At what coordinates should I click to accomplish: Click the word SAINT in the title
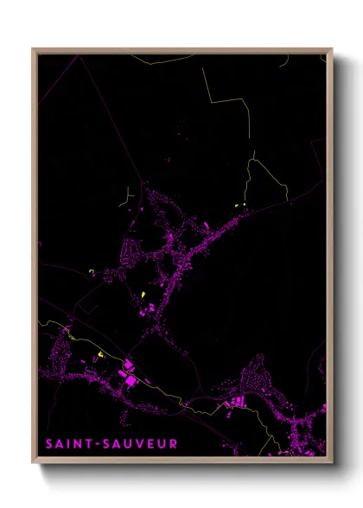click(x=65, y=443)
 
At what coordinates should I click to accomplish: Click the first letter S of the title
click(x=48, y=443)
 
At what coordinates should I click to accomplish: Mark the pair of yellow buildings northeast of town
click(x=239, y=205)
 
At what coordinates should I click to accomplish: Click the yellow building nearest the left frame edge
click(x=91, y=271)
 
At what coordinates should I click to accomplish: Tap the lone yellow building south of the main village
click(x=143, y=295)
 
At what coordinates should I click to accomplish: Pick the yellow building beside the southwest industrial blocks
click(x=100, y=354)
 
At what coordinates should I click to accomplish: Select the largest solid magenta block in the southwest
click(x=131, y=378)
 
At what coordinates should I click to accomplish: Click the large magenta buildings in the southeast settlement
click(x=236, y=400)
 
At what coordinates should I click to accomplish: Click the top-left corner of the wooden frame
click(x=34, y=49)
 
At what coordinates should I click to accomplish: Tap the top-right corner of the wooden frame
click(x=332, y=49)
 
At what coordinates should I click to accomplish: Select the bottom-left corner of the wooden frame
click(x=34, y=463)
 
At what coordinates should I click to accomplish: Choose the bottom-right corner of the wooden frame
click(x=332, y=463)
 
